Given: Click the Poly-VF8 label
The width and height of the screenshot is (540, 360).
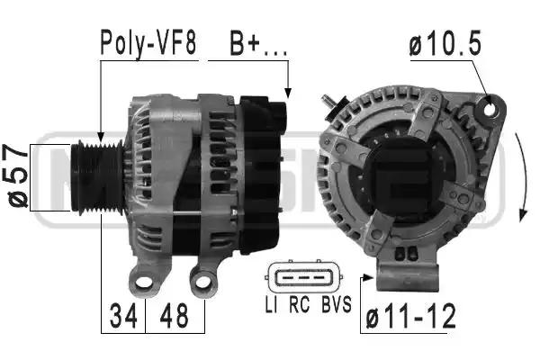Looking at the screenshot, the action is click(148, 43).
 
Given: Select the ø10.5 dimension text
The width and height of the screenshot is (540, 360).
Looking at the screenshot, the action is click(445, 43).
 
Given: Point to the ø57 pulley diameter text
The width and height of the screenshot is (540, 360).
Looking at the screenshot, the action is click(17, 176).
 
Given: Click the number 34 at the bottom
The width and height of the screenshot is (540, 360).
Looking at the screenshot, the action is click(123, 316).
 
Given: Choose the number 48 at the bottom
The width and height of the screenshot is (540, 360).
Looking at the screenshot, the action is click(174, 316).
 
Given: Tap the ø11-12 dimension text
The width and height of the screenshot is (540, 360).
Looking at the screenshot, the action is click(411, 316).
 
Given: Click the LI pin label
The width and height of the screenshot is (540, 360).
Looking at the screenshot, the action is click(272, 304).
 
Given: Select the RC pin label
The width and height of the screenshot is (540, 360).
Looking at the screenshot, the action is click(300, 304).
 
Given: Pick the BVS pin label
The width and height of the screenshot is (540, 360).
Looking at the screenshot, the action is click(337, 304).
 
